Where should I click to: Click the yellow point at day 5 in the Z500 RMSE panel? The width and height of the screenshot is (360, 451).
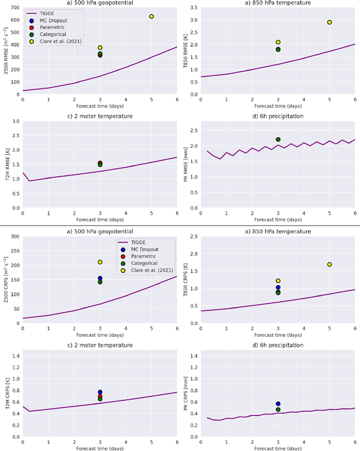pos(151,16)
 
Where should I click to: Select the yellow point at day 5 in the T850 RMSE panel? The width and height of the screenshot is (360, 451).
pos(329,22)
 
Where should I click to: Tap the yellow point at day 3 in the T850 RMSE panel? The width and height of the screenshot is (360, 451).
pos(278,42)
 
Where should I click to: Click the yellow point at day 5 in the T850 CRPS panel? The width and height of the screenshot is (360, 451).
pos(329,264)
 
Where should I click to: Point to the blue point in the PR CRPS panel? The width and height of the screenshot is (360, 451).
pos(278,404)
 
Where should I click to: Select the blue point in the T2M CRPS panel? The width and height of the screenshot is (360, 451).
pos(100,392)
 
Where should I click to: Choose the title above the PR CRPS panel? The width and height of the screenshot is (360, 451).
pos(278,345)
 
